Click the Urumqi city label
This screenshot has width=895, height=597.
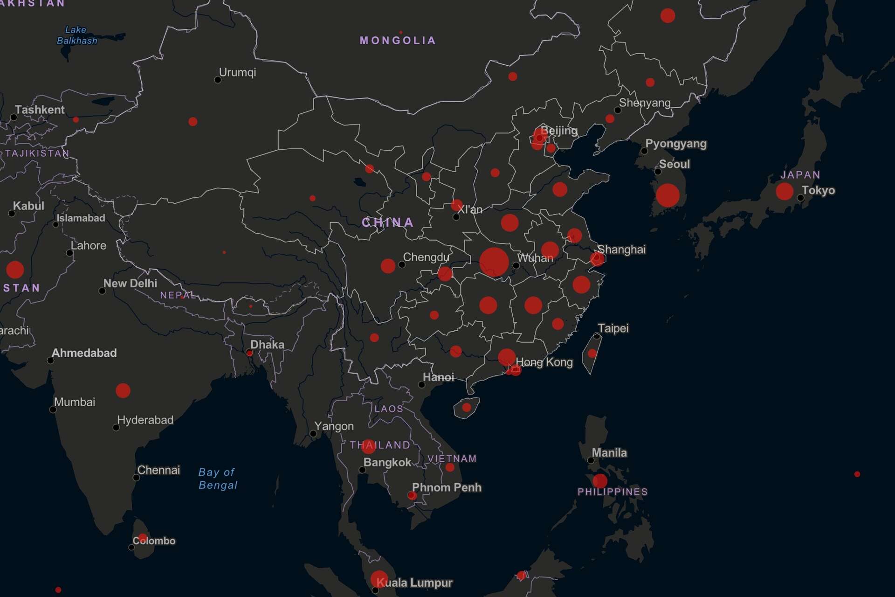click(x=237, y=72)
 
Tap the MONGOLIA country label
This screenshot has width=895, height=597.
click(x=398, y=41)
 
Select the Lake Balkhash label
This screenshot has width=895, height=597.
click(x=76, y=35)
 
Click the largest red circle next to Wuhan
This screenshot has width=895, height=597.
click(x=494, y=262)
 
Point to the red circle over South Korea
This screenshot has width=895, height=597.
click(x=668, y=195)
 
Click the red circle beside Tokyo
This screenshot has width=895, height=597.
click(x=785, y=191)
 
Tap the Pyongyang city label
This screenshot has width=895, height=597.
click(x=675, y=144)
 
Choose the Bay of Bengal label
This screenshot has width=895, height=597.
click(x=218, y=479)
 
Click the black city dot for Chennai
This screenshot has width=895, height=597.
click(x=136, y=478)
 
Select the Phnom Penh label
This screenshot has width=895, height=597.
click(x=447, y=487)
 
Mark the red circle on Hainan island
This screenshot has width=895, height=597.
click(x=467, y=408)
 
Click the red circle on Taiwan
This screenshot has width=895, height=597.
click(x=592, y=354)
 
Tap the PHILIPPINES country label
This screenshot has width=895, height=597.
click(x=613, y=492)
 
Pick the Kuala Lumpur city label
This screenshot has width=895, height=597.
click(x=414, y=583)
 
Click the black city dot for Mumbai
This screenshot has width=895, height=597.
click(x=53, y=410)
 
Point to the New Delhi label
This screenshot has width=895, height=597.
click(x=130, y=283)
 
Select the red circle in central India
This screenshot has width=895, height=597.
click(x=123, y=390)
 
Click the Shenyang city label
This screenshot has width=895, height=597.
click(x=645, y=103)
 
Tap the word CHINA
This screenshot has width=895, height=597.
click(x=388, y=222)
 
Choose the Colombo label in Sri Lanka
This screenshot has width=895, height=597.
click(x=154, y=541)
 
